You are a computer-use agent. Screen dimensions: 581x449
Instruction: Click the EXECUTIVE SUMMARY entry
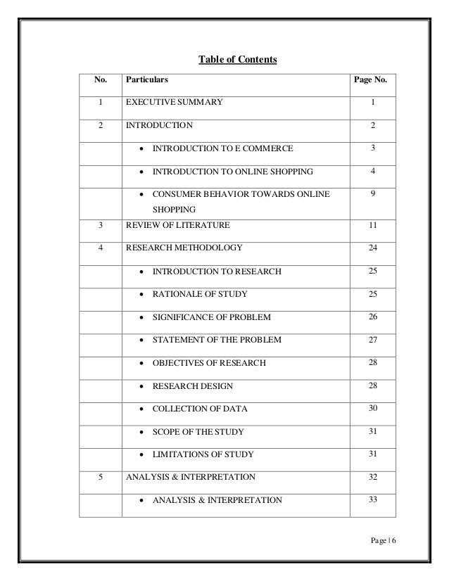pos(174,103)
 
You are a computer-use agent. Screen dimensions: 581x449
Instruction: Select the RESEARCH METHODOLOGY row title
pos(184,248)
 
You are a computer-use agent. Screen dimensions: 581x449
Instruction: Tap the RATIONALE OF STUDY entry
pos(200,294)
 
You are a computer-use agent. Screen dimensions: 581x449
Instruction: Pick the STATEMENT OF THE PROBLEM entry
pos(217,340)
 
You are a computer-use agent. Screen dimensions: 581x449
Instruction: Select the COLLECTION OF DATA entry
pos(200,409)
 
